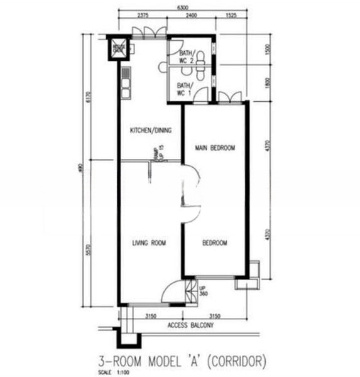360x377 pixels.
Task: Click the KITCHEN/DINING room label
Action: [151, 131]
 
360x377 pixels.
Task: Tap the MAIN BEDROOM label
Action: [215, 148]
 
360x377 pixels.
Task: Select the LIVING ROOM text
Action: [149, 243]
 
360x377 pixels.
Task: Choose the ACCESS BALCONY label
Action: [191, 326]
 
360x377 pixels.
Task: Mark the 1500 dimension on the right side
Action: [268, 50]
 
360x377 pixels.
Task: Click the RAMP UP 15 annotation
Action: [158, 153]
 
